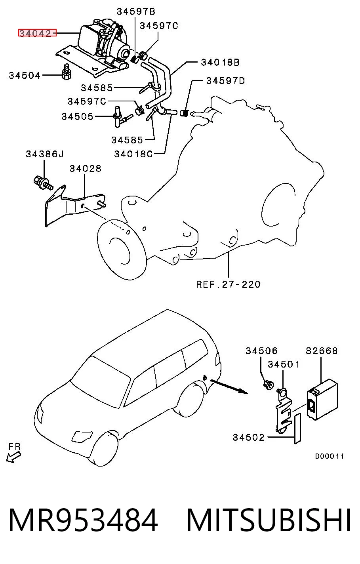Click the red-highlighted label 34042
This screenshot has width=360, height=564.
point(37,33)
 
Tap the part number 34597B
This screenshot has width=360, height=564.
point(136,11)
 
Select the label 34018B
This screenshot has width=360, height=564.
point(220,62)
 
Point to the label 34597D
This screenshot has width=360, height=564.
point(225,81)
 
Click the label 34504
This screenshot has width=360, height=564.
point(25,75)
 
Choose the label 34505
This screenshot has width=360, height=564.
point(77,116)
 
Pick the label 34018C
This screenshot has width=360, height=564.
point(133,154)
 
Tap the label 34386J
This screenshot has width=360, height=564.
point(45,154)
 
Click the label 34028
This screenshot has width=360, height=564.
point(85,168)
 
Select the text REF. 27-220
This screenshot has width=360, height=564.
point(228,284)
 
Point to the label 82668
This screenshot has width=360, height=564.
point(322,351)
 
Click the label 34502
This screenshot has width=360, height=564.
point(248,437)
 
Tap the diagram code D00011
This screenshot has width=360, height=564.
point(329,456)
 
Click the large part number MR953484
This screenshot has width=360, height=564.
point(83,520)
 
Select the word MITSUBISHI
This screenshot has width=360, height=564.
point(269,520)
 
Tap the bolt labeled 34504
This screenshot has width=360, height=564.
point(67,72)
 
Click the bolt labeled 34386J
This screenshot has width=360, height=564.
point(43,183)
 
